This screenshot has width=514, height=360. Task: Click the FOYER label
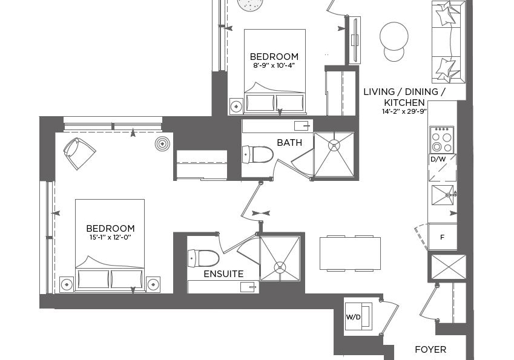coord(430,350)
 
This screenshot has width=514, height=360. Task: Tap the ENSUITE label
coord(223,274)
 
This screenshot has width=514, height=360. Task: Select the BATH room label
coord(289,143)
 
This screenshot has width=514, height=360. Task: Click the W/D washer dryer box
coord(358,316)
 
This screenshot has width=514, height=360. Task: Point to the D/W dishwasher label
coord(438,160)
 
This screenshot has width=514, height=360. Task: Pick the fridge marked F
coord(442,237)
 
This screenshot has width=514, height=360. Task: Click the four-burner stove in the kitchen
coord(442,139)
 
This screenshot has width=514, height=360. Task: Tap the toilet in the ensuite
coord(203,258)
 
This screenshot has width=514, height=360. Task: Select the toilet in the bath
coord(258,154)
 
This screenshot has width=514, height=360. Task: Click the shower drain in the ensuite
coord(280,267)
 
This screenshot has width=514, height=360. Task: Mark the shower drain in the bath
coord(334,146)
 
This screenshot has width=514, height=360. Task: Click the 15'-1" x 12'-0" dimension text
coord(110,237)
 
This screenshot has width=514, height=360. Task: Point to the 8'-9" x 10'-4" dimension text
coord(274,65)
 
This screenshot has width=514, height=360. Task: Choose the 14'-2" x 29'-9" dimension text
coord(404,111)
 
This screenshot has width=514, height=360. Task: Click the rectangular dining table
coord(350,254)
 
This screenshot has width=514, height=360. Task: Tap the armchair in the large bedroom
coord(79,153)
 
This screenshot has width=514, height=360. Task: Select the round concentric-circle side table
coord(163,143)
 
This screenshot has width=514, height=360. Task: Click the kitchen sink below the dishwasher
coord(443,195)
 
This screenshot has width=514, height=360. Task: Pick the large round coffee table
coord(394,36)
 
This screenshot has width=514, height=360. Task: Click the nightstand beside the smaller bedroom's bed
coord(236,106)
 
